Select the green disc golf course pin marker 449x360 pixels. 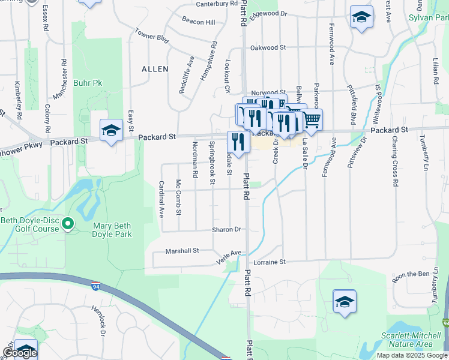[68, 224]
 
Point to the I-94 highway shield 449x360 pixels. [96, 286]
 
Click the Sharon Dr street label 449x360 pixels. [226, 229]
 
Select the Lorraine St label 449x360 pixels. [270, 262]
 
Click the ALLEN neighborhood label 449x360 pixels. [155, 69]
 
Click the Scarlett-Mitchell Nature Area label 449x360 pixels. [406, 340]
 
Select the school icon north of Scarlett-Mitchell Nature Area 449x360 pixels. [345, 302]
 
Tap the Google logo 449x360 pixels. [19, 353]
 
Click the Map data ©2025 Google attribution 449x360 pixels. [411, 355]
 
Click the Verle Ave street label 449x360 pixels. [229, 257]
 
